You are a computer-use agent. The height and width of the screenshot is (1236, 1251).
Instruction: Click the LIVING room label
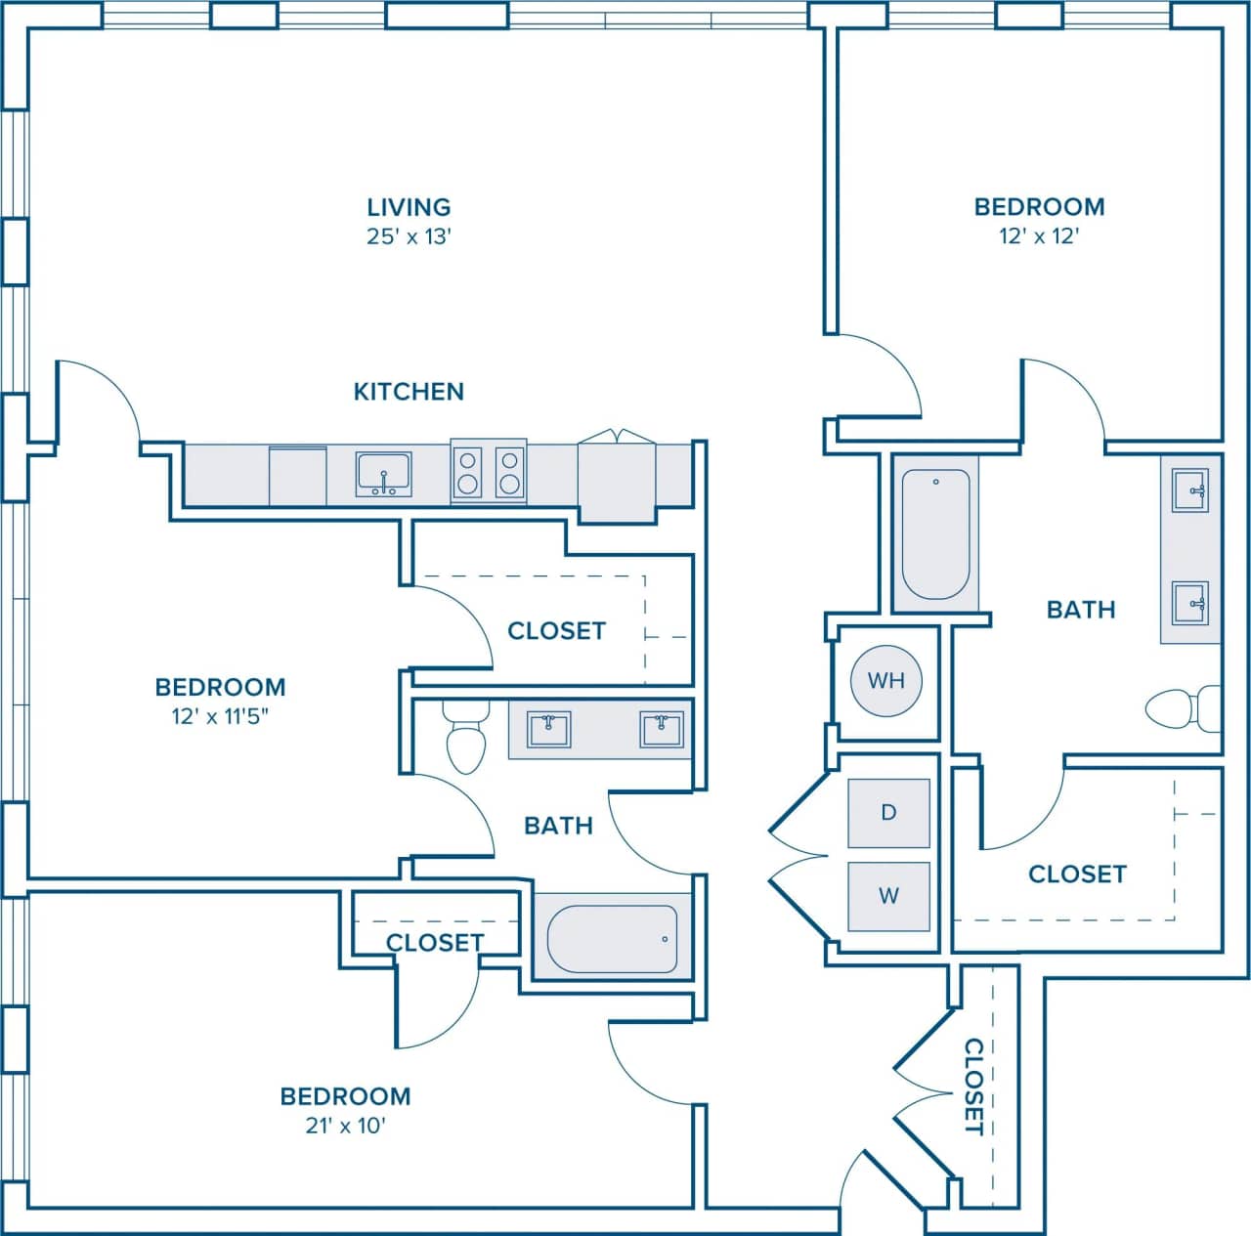click(409, 207)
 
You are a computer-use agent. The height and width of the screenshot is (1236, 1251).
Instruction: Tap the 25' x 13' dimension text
click(409, 236)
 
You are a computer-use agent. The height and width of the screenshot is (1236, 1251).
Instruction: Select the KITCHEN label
click(409, 392)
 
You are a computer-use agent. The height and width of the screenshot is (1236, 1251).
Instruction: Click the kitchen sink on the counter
click(384, 475)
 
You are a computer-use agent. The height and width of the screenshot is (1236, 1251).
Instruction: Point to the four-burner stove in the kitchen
click(489, 471)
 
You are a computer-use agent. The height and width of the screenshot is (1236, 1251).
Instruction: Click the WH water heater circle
click(885, 680)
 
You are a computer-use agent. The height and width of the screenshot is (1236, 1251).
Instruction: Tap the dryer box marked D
click(888, 813)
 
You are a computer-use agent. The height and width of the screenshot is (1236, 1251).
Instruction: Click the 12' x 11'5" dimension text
click(220, 716)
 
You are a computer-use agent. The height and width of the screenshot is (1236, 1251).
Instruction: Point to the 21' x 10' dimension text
click(345, 1126)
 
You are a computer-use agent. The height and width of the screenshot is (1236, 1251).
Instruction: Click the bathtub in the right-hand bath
click(935, 533)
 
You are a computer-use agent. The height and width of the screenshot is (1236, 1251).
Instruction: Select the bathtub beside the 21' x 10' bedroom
click(612, 939)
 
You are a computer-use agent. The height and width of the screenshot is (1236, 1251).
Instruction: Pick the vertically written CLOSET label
click(974, 1087)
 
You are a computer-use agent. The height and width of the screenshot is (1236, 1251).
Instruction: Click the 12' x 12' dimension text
click(1039, 236)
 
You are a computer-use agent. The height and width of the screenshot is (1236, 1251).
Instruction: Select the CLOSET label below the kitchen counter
click(556, 631)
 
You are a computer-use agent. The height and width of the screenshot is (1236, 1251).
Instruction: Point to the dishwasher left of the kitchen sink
click(297, 476)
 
